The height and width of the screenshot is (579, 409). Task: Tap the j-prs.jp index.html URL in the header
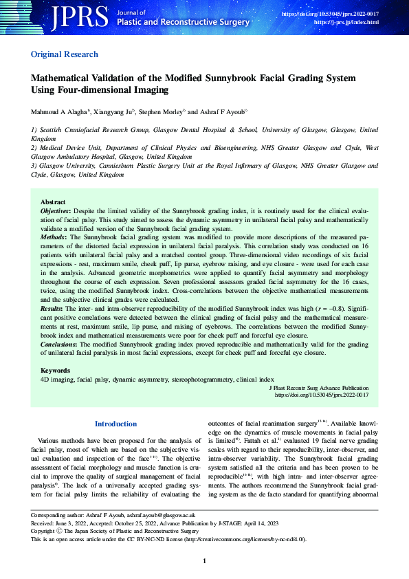[346, 23]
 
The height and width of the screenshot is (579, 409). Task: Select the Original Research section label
[65, 54]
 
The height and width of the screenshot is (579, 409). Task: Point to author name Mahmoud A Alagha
[60, 111]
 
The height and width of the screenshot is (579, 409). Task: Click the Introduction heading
[116, 424]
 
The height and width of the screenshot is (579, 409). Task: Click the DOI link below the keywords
[322, 395]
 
